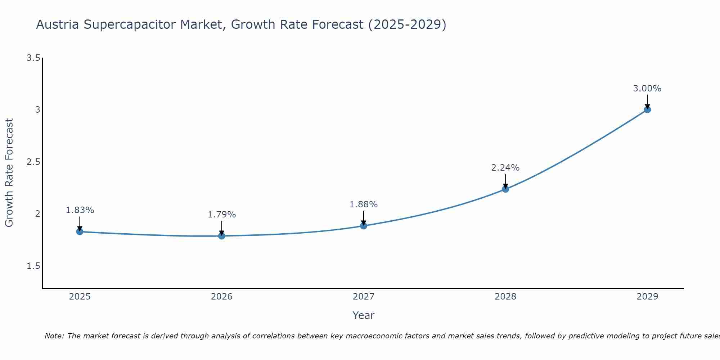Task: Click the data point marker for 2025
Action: click(80, 231)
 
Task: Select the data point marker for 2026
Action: click(222, 236)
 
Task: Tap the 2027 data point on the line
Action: click(364, 226)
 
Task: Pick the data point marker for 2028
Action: click(505, 189)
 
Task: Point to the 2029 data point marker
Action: click(647, 109)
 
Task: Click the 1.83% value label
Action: click(80, 210)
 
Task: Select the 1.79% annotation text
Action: click(222, 215)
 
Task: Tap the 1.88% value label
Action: click(364, 204)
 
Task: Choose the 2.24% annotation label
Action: click(505, 168)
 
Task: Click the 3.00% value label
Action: click(647, 89)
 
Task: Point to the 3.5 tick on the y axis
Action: click(33, 58)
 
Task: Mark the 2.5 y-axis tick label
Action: click(33, 162)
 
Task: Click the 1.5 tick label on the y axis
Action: click(33, 266)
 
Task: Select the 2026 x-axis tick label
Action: click(222, 297)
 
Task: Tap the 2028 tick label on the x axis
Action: click(505, 297)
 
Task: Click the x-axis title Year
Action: click(364, 315)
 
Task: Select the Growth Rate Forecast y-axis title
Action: click(9, 173)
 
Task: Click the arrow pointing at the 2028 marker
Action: click(505, 181)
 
